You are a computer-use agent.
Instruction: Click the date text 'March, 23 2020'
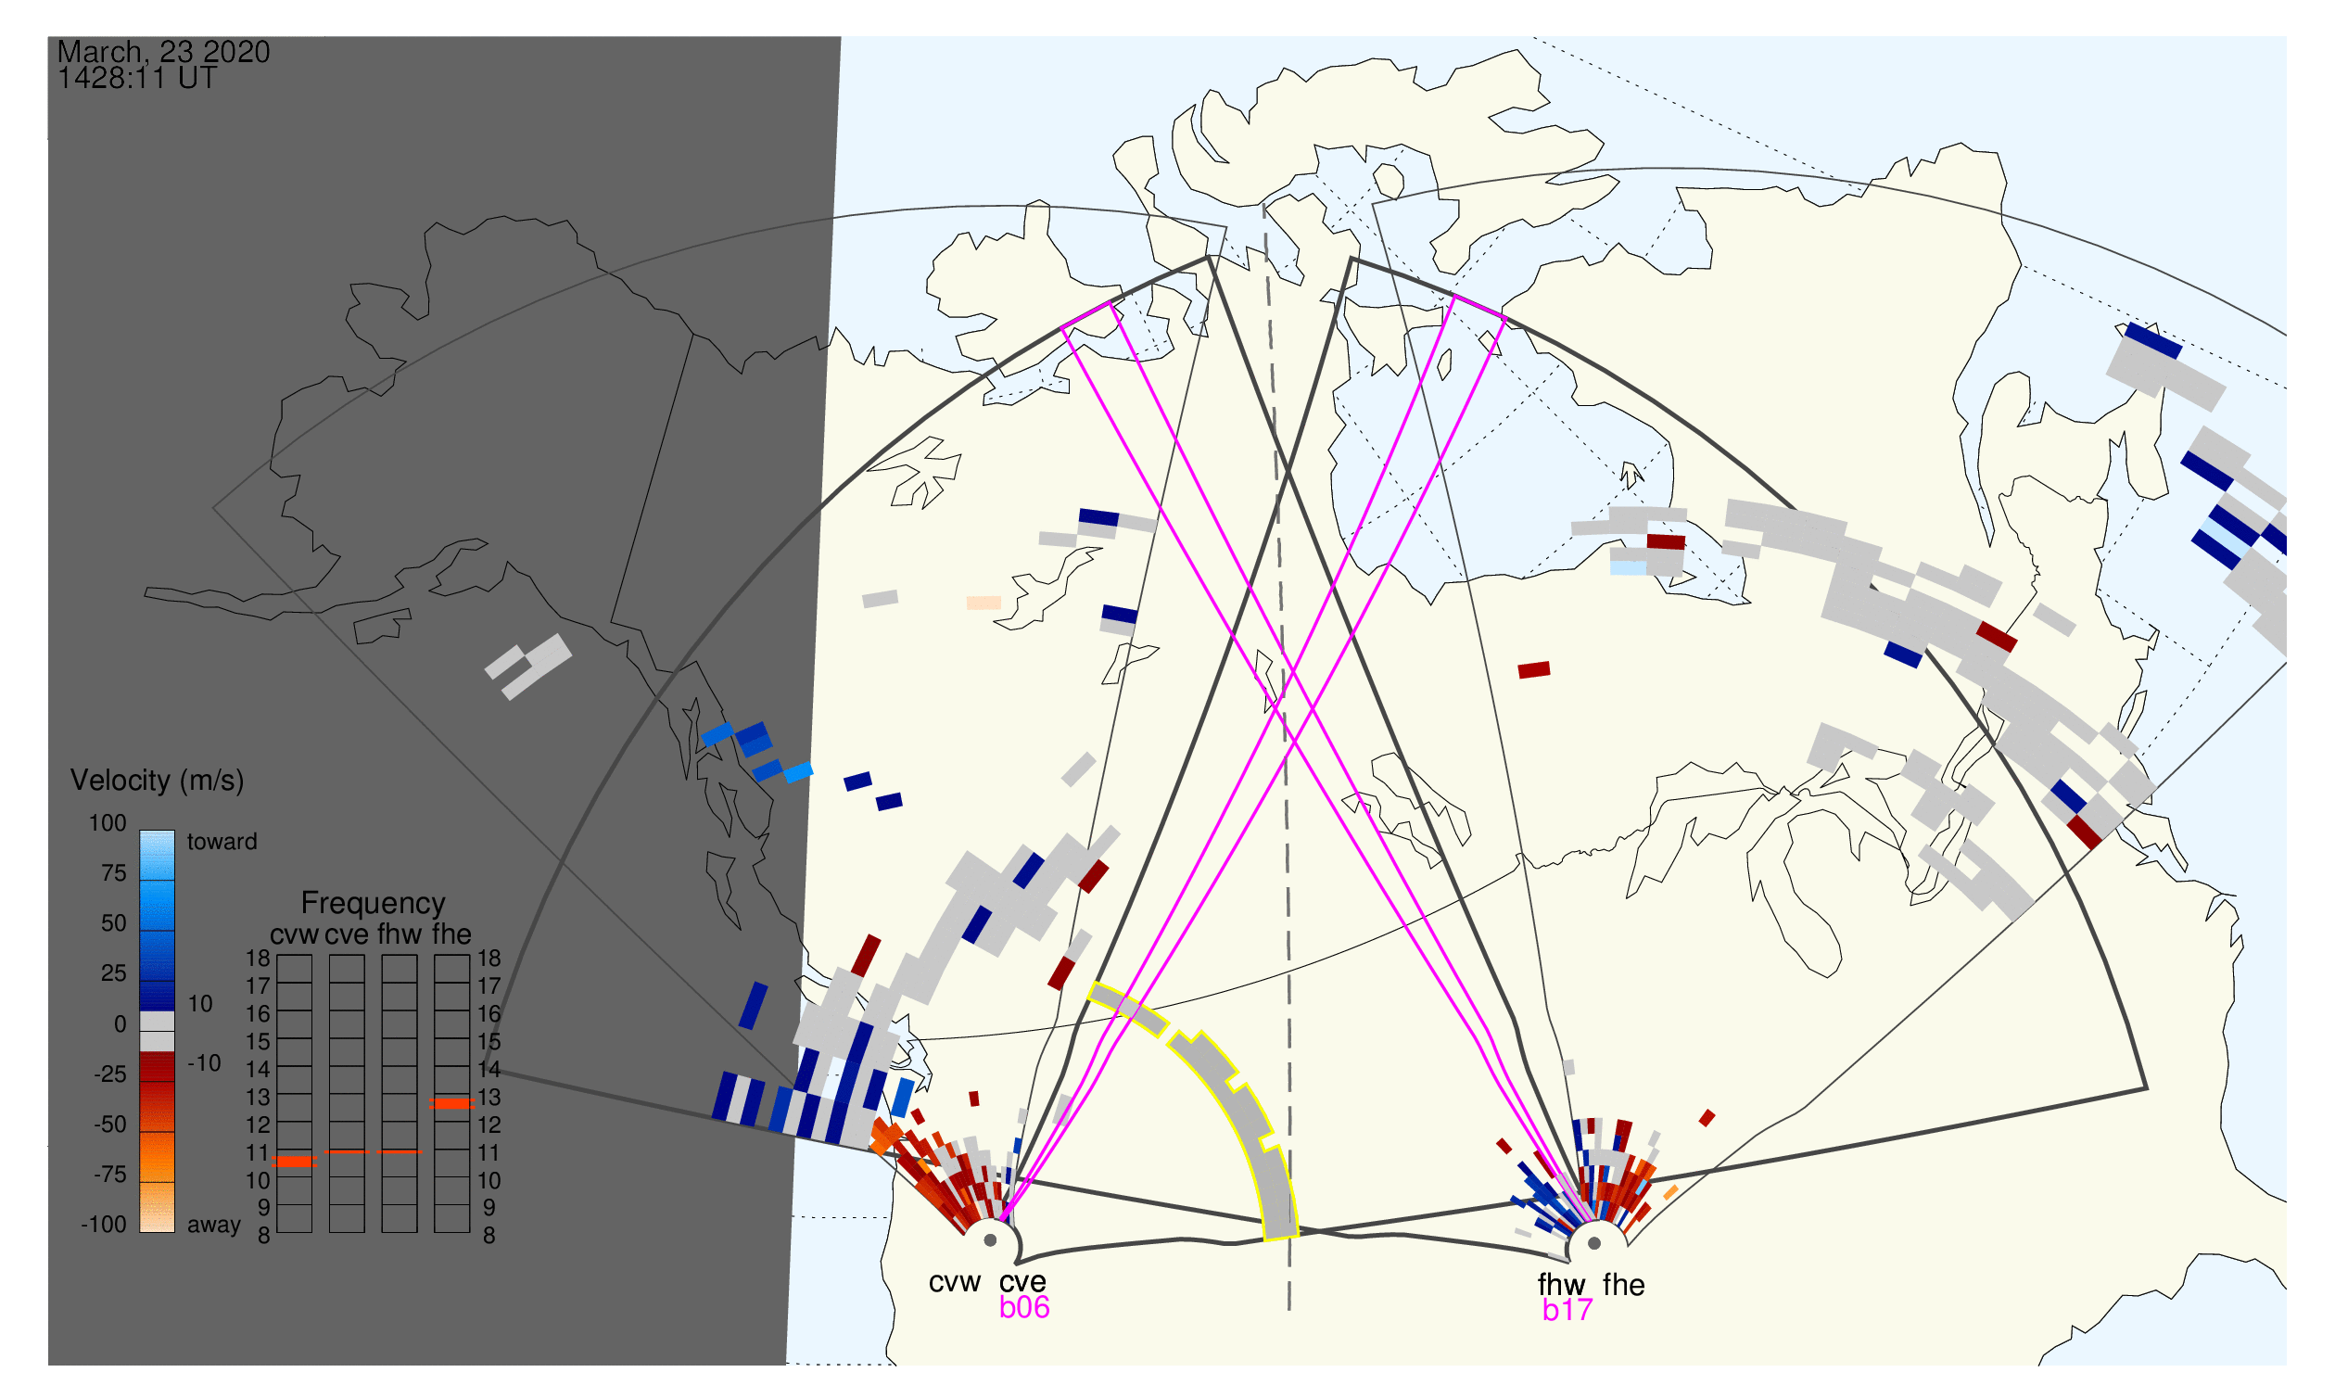[163, 52]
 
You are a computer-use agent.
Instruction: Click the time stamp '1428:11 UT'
[137, 79]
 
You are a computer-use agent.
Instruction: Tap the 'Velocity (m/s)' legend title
[157, 781]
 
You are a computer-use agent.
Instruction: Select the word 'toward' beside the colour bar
[222, 842]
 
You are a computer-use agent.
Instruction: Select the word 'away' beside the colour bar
[214, 1226]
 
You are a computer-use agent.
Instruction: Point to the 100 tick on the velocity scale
[108, 823]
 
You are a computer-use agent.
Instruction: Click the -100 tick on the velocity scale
[104, 1225]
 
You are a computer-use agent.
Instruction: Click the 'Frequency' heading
[374, 905]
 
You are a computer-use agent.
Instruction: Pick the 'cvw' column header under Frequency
[294, 934]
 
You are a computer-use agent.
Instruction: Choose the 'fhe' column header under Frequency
[451, 934]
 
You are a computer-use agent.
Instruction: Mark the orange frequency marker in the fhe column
[451, 1104]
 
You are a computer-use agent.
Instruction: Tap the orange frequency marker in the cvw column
[294, 1162]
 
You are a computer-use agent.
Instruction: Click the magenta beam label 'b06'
[1023, 1307]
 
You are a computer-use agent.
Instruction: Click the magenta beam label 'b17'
[1567, 1310]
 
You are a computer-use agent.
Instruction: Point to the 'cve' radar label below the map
[1022, 1281]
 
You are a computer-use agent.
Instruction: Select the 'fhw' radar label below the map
[1561, 1285]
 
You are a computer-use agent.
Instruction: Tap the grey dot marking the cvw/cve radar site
[990, 1241]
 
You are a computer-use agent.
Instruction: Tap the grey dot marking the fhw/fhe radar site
[1595, 1243]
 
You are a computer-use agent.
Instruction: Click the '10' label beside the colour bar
[200, 1004]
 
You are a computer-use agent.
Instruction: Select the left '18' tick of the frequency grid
[258, 959]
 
